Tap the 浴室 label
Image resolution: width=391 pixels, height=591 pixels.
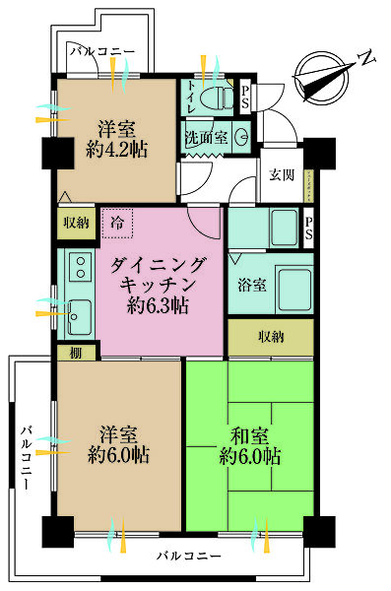click(x=252, y=285)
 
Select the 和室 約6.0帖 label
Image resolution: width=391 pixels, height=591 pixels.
click(x=251, y=445)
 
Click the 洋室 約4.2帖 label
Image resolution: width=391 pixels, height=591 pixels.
click(x=116, y=139)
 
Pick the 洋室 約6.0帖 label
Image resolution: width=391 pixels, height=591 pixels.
click(x=117, y=445)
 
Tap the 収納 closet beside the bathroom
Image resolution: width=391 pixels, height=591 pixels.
click(x=271, y=338)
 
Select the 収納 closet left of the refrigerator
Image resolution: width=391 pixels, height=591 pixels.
click(x=75, y=221)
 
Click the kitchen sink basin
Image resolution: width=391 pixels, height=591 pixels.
click(x=77, y=316)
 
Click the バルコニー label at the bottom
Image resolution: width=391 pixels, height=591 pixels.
click(x=188, y=558)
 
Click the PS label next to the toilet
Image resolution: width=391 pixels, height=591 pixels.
click(x=244, y=97)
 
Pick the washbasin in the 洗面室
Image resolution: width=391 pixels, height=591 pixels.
click(x=241, y=138)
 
